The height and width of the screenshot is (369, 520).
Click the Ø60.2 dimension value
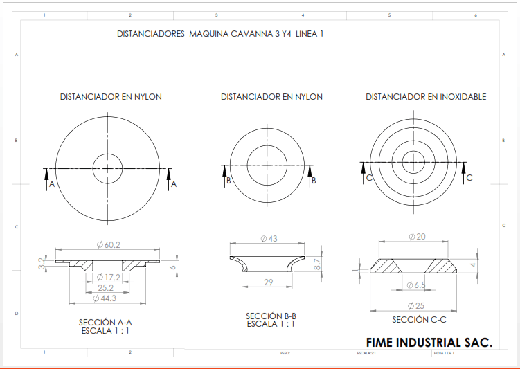point(108,244)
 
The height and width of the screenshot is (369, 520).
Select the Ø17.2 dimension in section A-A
point(108,277)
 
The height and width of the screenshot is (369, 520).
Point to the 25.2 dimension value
point(106,287)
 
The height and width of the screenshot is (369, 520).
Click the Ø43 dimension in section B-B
point(269,238)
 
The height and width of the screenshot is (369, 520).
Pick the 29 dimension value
point(269,282)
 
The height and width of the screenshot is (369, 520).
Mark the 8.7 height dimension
point(317,263)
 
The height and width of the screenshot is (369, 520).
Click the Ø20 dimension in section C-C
point(417,237)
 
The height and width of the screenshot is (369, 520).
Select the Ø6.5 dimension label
point(416,285)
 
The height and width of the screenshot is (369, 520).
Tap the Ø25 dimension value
point(416,305)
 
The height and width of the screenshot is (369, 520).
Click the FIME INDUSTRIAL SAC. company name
point(429,343)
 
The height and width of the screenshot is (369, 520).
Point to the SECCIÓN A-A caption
point(105,323)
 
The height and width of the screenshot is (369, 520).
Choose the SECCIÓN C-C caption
point(418,320)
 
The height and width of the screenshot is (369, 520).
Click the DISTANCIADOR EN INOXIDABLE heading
point(426,97)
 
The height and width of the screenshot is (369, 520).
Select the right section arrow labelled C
point(463,170)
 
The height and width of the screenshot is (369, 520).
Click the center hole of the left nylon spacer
point(107,168)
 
